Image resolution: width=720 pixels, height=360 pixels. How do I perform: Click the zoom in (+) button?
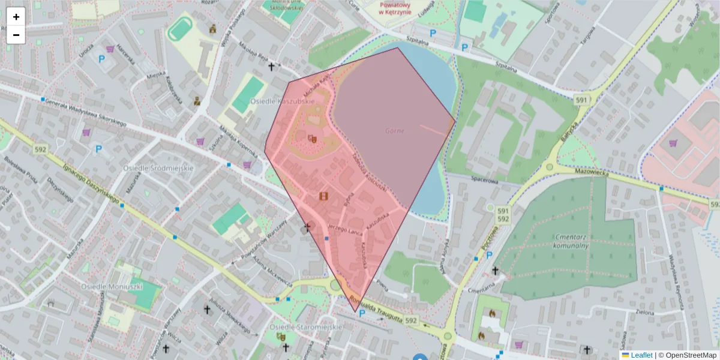(x=16, y=17)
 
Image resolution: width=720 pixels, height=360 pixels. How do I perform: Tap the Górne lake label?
(x=395, y=130)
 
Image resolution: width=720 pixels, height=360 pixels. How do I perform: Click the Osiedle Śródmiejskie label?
(x=158, y=168)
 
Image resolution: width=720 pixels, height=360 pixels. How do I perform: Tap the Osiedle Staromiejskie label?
(x=305, y=326)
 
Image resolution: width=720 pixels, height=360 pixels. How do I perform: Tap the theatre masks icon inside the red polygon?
(x=312, y=139)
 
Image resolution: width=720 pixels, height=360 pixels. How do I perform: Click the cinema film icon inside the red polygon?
(x=324, y=196)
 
